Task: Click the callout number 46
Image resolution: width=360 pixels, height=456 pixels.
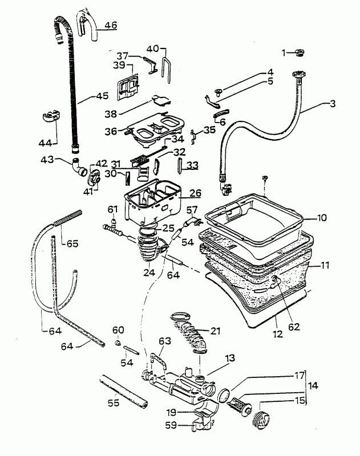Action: [x=110, y=26]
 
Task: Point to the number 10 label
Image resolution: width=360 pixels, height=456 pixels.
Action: [x=322, y=218]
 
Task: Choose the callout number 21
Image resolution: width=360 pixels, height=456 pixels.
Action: [x=215, y=331]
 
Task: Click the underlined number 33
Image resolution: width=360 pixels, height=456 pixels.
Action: [x=193, y=165]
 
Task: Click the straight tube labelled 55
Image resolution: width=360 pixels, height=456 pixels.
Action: [x=123, y=392]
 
